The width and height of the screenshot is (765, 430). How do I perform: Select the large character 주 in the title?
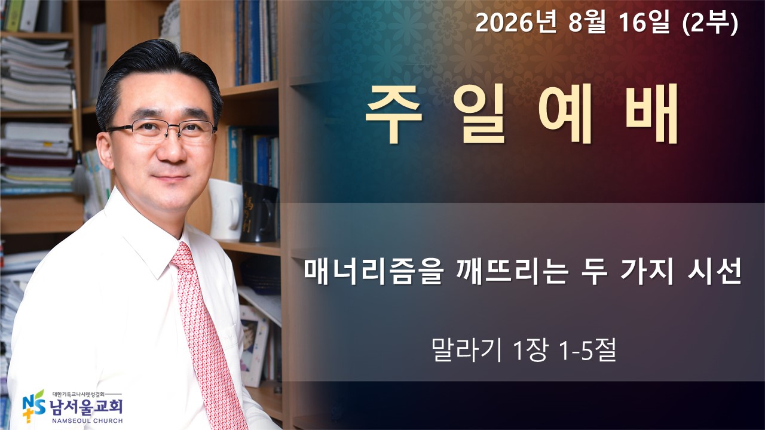pos(393,113)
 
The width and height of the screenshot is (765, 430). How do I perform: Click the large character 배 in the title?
pos(651,113)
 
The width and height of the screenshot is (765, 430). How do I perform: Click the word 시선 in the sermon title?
pos(714,272)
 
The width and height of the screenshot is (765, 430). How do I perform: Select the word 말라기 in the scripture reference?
pos(466,349)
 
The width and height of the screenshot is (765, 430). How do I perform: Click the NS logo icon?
pos(33,406)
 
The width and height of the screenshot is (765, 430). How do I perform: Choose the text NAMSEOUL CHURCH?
pos(87,421)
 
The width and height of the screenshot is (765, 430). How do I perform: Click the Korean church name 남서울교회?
pos(85,407)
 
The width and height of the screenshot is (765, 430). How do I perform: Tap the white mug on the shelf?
pos(226,209)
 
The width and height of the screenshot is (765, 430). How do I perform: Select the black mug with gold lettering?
pos(259,212)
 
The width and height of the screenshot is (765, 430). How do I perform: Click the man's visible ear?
pos(104,149)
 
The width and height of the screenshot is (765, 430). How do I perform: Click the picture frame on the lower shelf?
pos(253,345)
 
